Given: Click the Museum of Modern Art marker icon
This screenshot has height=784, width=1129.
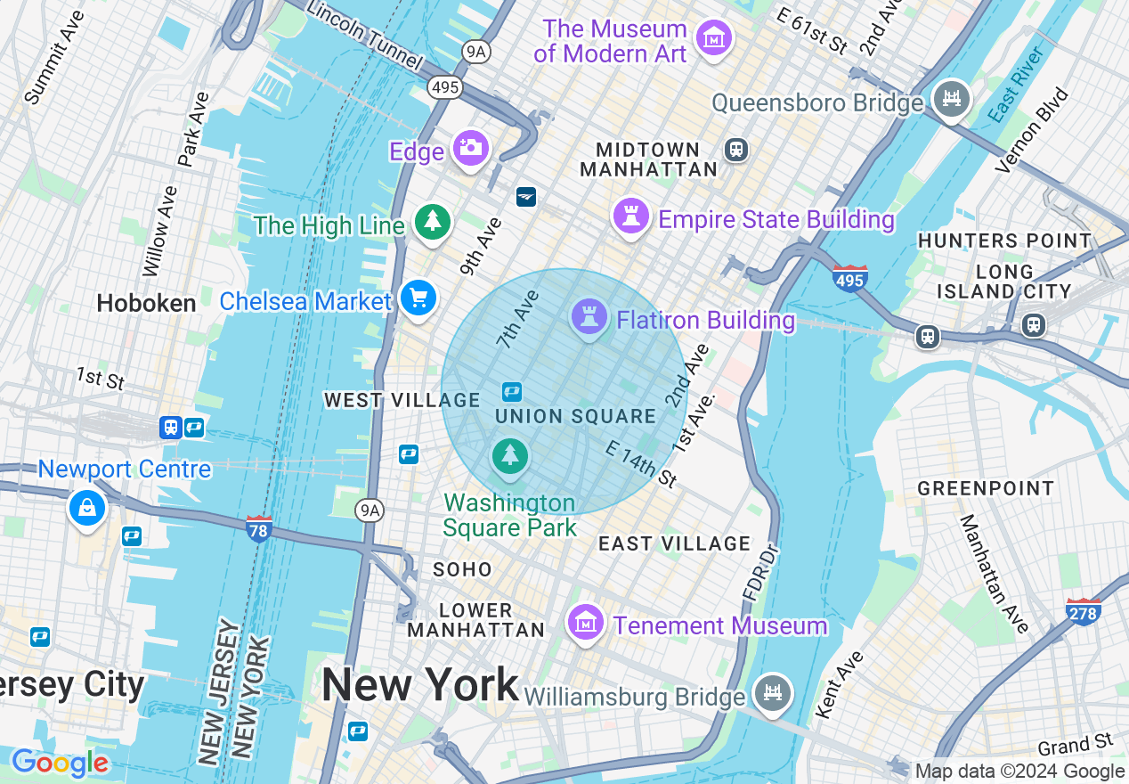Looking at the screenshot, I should point(714,39).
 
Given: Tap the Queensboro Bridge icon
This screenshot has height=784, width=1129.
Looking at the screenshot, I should point(951,98).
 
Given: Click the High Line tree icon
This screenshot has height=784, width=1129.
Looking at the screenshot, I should point(433,221).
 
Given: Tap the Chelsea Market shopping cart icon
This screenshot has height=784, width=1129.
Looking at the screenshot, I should point(418,298).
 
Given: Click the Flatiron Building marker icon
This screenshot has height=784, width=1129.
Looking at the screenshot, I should point(589,315).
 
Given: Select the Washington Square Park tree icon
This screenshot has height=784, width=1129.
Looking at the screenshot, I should point(509,456).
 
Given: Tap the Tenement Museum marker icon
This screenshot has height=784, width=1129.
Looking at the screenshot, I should point(585,622).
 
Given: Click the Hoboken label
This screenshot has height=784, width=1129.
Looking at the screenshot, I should point(146,304).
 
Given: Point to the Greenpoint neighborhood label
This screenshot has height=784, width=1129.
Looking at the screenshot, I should point(985,488).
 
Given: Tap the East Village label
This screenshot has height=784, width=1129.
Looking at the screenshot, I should point(674,543).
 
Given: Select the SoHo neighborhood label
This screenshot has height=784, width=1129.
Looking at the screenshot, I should point(462,569).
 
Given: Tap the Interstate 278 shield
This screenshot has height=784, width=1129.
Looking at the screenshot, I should point(1083,611).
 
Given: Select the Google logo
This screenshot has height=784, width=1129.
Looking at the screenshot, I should point(60,764).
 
